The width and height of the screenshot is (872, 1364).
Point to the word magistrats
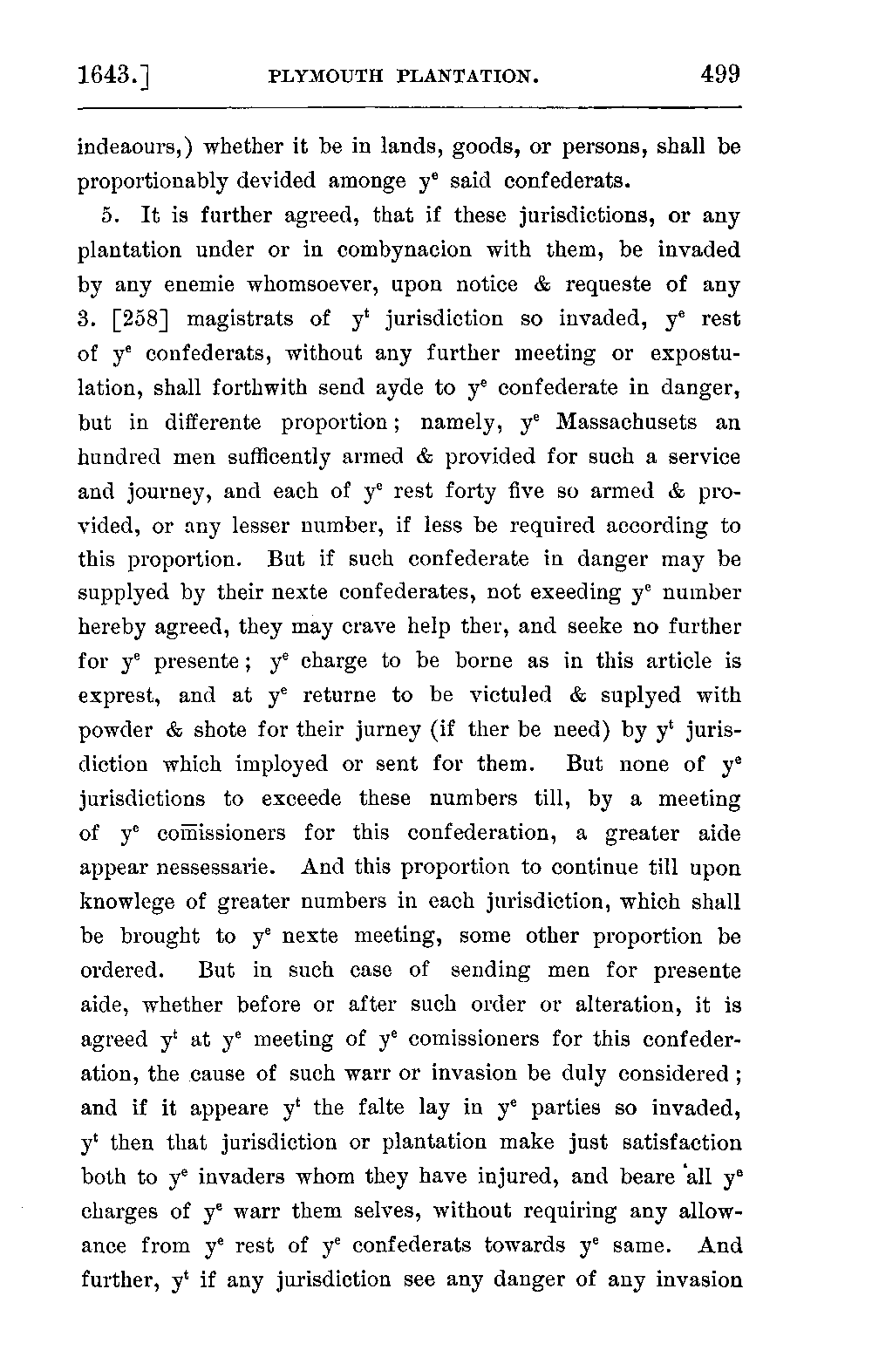point(240,319)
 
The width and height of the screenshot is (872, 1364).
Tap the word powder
point(115,731)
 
